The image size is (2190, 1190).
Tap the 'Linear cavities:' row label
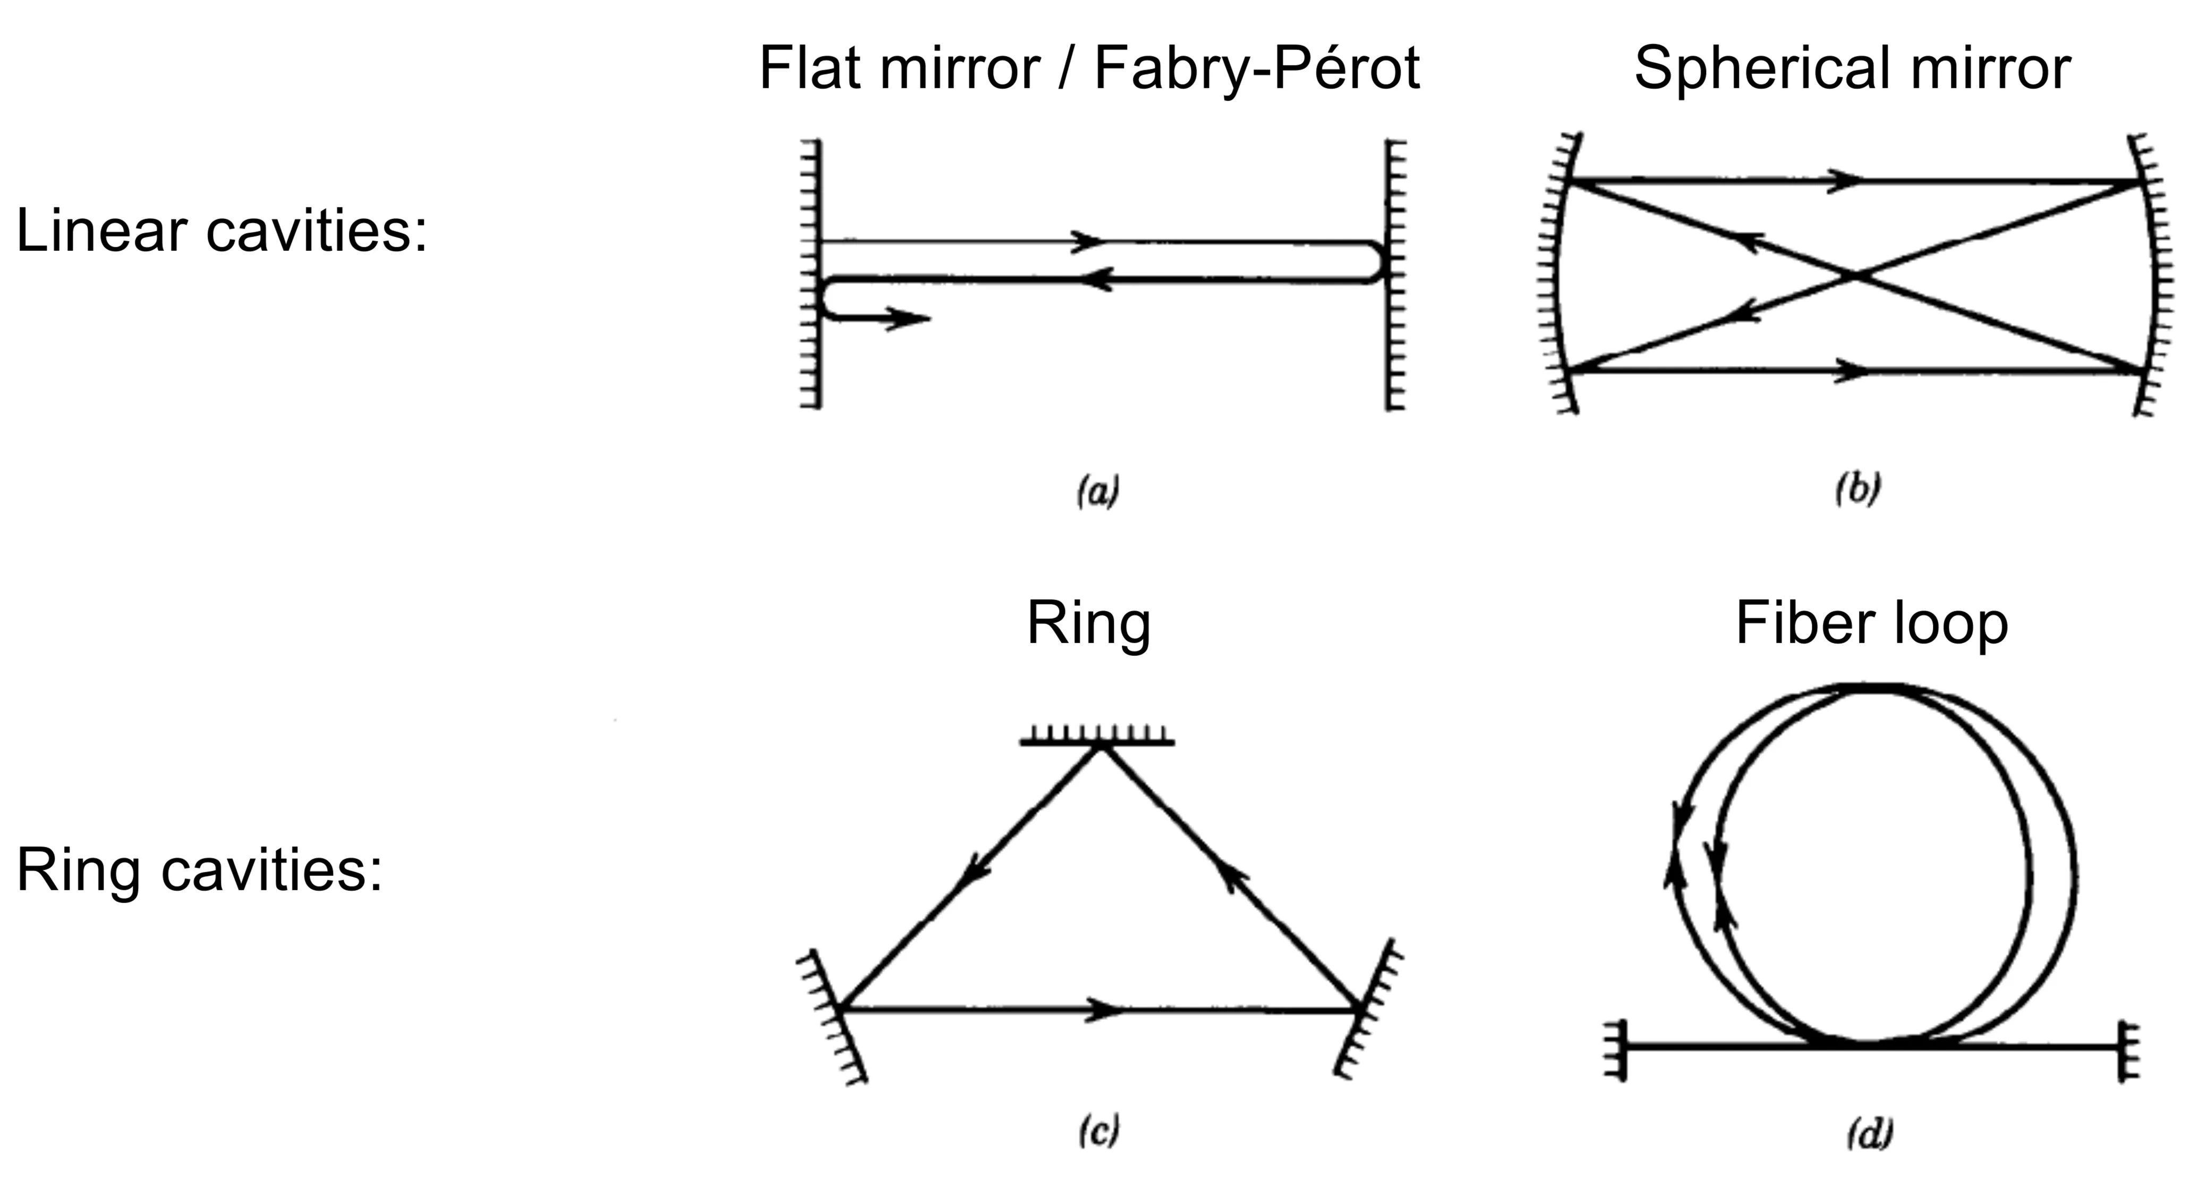click(221, 231)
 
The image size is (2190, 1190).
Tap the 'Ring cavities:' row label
click(199, 871)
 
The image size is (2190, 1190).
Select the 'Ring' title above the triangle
click(1088, 623)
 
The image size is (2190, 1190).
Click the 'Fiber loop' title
click(1871, 623)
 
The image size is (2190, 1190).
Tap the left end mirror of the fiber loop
click(1618, 1049)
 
